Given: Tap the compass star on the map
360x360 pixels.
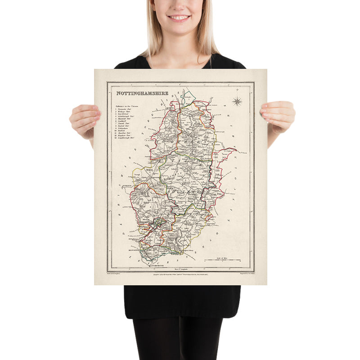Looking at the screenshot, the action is (x=237, y=102).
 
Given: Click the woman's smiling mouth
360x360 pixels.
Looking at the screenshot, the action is (x=179, y=18).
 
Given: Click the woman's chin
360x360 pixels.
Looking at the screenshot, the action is (x=179, y=28).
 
